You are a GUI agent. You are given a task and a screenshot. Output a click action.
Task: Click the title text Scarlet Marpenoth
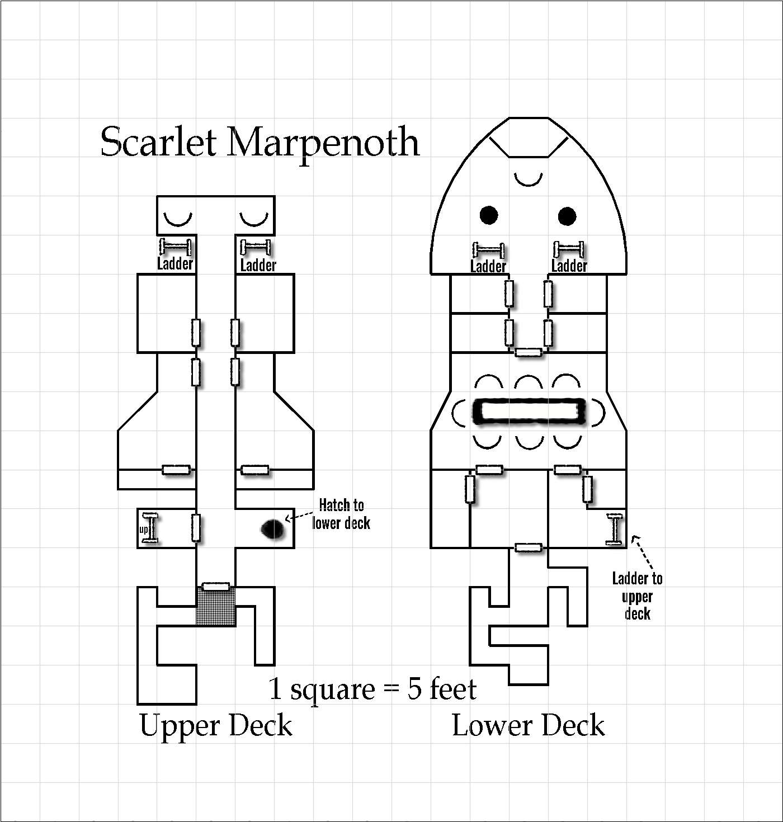click(260, 142)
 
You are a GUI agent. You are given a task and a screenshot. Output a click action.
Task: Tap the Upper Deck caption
click(216, 726)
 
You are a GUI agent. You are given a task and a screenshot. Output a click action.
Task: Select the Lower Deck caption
click(528, 726)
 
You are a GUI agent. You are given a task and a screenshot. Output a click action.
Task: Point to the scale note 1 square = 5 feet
click(372, 688)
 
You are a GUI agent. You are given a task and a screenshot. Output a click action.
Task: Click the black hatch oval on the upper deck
click(273, 528)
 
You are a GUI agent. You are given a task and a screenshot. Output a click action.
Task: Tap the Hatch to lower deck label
click(341, 514)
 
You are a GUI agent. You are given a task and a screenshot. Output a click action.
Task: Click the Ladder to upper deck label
click(637, 596)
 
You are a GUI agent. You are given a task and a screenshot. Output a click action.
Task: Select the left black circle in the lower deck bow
click(489, 215)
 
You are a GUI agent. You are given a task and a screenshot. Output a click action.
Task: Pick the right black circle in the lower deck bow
click(567, 216)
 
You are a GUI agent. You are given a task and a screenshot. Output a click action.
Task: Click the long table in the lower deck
click(529, 412)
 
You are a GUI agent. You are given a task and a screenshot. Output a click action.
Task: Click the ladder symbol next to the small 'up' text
click(150, 528)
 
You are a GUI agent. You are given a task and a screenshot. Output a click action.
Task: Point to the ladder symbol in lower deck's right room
click(615, 528)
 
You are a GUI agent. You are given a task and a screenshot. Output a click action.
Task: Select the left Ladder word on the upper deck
click(175, 263)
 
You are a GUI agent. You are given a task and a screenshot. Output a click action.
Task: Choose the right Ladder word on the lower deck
click(569, 266)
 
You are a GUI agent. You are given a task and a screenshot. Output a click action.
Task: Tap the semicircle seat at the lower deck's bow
click(529, 180)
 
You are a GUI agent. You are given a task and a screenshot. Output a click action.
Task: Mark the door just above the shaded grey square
click(215, 587)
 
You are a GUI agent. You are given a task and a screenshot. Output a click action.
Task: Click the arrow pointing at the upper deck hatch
click(298, 517)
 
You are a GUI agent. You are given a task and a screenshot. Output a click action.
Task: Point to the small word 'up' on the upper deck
click(143, 529)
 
